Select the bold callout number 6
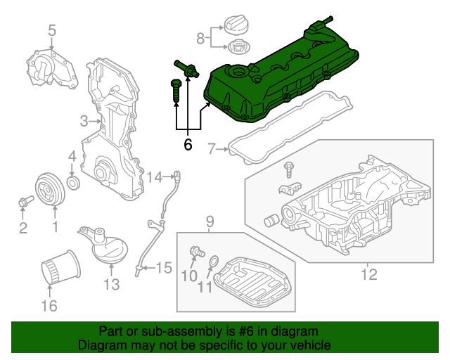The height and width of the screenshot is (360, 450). point(187,145)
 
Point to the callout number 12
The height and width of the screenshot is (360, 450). point(368,274)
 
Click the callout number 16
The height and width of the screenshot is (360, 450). point(49,305)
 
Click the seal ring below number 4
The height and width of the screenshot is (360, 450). point(73,184)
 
